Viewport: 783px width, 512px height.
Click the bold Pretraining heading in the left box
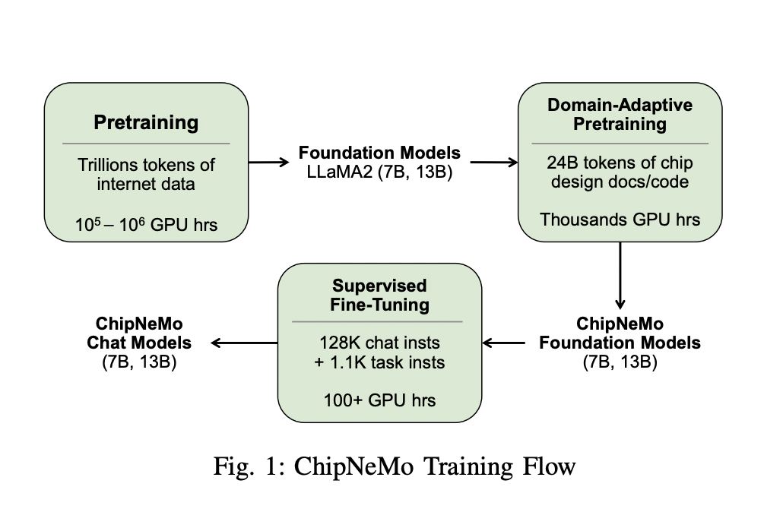[x=146, y=122]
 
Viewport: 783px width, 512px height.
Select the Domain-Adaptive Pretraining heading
[x=620, y=114]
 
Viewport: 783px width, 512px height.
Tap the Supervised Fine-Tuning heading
[x=380, y=296]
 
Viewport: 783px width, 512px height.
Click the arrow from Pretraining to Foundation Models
[x=265, y=162]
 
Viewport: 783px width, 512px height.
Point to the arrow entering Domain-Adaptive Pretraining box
[x=494, y=162]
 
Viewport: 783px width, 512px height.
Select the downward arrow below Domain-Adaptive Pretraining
[x=620, y=273]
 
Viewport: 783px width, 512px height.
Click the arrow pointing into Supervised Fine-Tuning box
[x=503, y=343]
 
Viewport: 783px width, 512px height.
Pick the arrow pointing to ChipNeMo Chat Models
[x=244, y=343]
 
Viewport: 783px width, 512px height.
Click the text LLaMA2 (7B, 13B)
[x=379, y=172]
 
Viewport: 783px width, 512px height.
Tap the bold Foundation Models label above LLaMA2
[x=379, y=153]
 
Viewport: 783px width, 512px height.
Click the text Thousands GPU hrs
[x=620, y=220]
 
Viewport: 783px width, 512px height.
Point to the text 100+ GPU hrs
[x=380, y=400]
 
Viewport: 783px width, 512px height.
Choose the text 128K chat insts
[x=380, y=344]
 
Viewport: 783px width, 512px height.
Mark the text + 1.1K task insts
[x=380, y=362]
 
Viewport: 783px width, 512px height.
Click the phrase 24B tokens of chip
[x=620, y=163]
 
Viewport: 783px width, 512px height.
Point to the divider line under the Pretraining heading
[x=146, y=143]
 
